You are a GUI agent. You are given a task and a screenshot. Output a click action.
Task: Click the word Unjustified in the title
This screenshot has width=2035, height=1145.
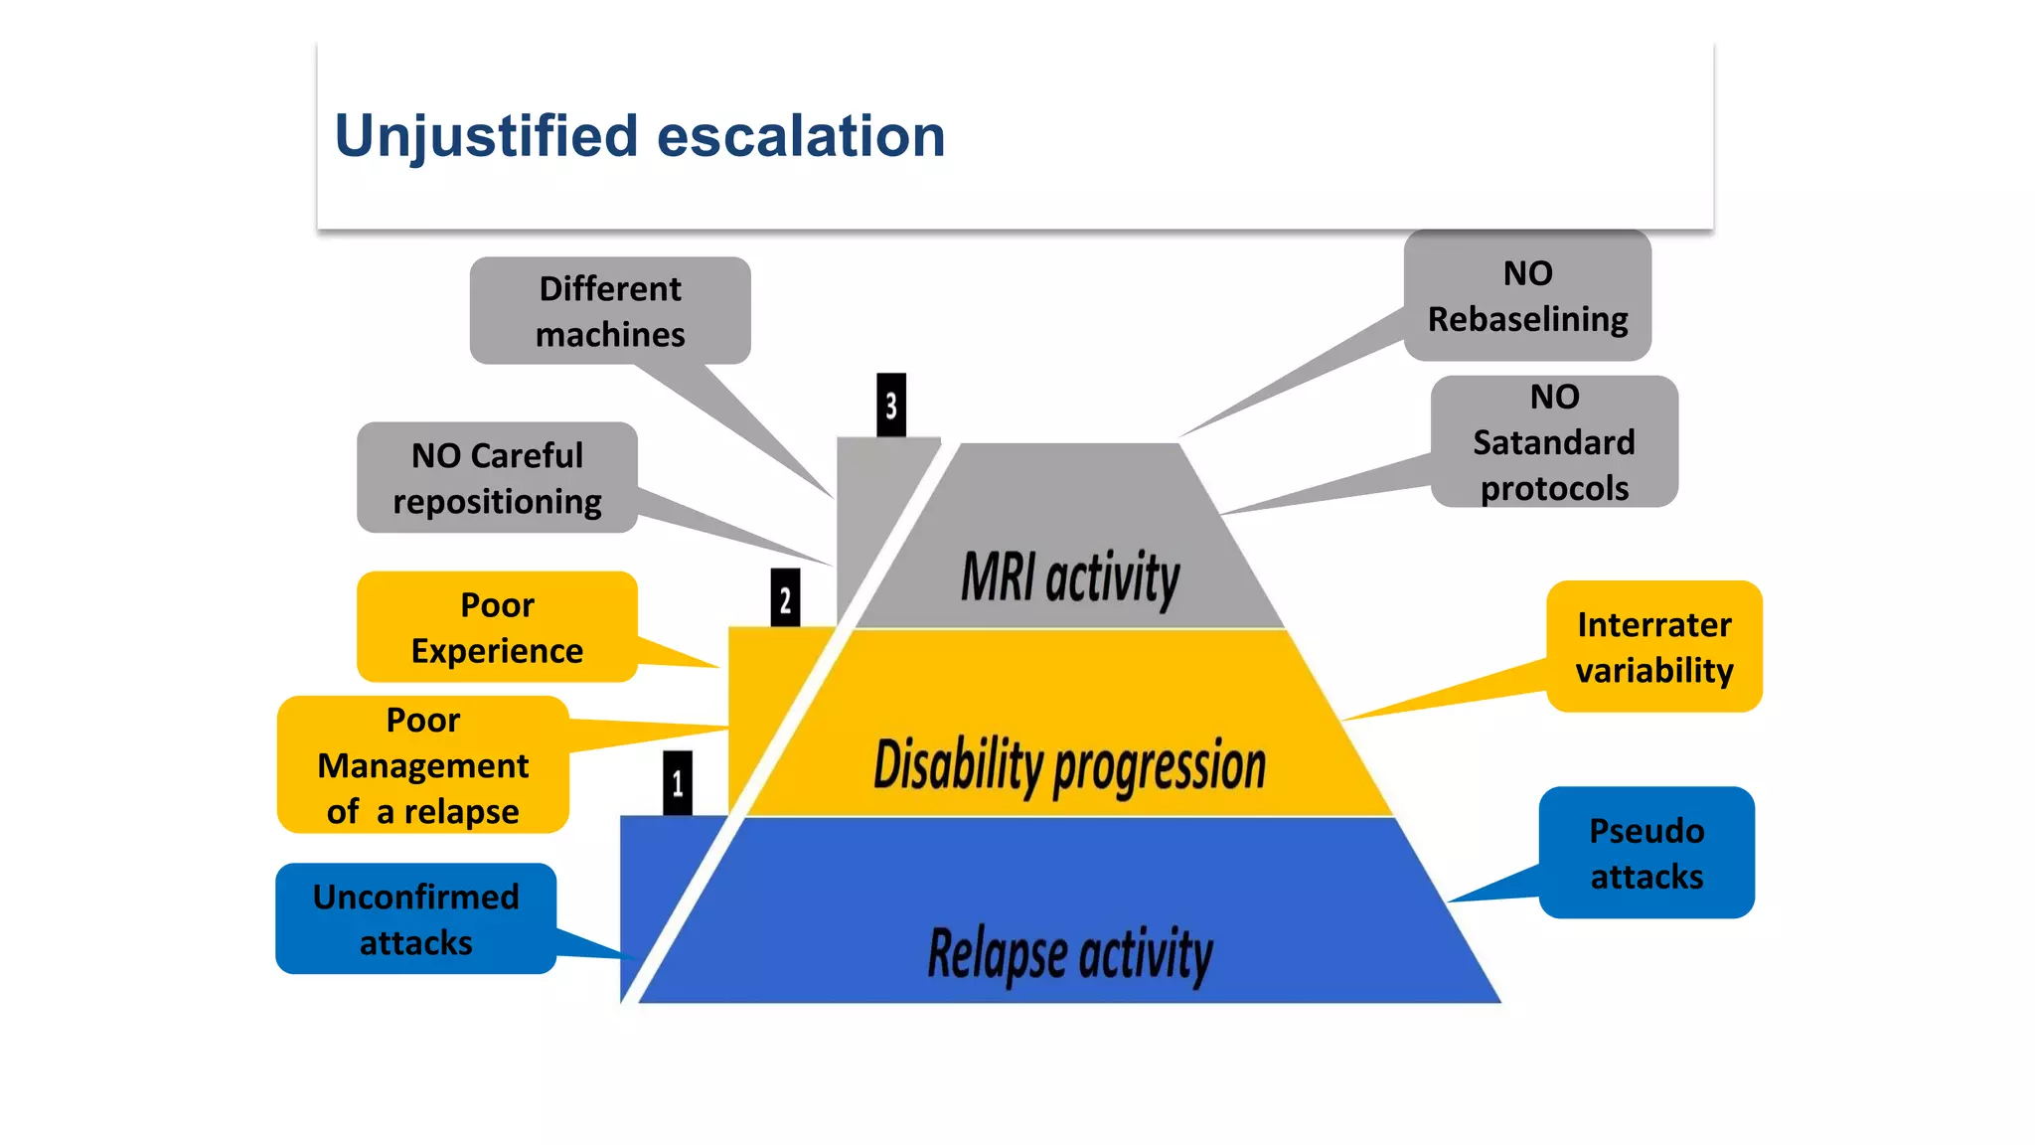point(485,136)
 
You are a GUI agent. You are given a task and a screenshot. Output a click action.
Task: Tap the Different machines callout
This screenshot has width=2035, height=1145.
point(609,310)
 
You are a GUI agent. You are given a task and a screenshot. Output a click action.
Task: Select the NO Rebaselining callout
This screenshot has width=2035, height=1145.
point(1527,295)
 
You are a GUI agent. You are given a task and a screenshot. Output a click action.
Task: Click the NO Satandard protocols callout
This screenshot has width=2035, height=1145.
point(1554,441)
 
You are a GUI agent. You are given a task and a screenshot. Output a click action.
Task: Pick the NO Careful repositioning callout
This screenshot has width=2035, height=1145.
point(497,478)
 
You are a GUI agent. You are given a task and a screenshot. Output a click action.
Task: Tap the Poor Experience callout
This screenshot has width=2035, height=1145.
point(497,627)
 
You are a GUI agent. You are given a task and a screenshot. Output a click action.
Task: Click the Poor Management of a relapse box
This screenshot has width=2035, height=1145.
point(423,764)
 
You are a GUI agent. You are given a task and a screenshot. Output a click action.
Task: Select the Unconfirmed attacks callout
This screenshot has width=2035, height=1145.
point(415,918)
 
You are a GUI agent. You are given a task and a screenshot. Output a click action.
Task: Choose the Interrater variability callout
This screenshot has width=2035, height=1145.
point(1654,646)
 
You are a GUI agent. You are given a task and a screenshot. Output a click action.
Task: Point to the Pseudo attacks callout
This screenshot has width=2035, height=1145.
point(1646,853)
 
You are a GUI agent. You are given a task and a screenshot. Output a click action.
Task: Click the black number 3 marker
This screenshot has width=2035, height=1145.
point(891,405)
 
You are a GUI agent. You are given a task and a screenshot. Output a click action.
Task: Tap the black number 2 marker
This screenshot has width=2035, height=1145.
point(785,598)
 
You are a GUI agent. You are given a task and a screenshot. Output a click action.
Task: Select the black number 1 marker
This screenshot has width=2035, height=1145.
point(678,783)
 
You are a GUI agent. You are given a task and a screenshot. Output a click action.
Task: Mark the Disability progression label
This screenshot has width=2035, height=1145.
point(1069,765)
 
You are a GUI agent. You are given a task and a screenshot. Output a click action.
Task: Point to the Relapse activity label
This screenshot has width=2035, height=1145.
point(1070,953)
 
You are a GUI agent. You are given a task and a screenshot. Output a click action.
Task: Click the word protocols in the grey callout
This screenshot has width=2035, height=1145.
point(1554,488)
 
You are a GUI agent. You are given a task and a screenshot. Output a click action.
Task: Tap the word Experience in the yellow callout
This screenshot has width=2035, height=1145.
point(497,651)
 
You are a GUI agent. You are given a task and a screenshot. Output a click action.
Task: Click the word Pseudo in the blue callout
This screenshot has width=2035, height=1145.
point(1646,830)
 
